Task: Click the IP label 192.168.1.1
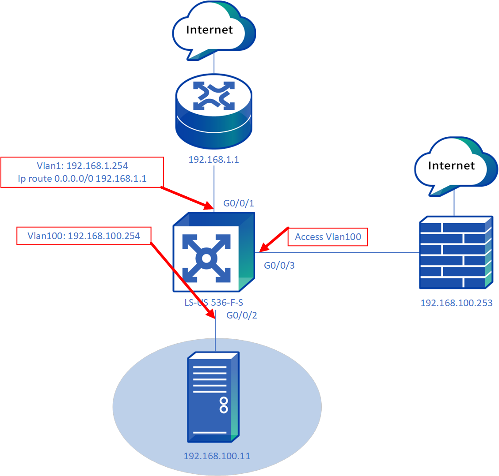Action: click(214, 160)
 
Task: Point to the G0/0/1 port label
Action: click(239, 203)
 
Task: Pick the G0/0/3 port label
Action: click(279, 266)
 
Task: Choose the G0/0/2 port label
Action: click(242, 315)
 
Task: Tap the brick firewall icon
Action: click(456, 252)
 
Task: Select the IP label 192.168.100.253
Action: click(456, 303)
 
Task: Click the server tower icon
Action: click(213, 397)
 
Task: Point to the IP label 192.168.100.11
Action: click(217, 456)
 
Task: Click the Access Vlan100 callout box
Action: click(328, 237)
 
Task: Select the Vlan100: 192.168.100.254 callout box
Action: click(84, 236)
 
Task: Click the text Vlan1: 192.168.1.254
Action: click(82, 166)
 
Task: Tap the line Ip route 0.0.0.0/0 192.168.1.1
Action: click(82, 179)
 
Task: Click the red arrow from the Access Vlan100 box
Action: click(274, 240)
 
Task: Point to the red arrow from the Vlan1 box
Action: click(186, 198)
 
